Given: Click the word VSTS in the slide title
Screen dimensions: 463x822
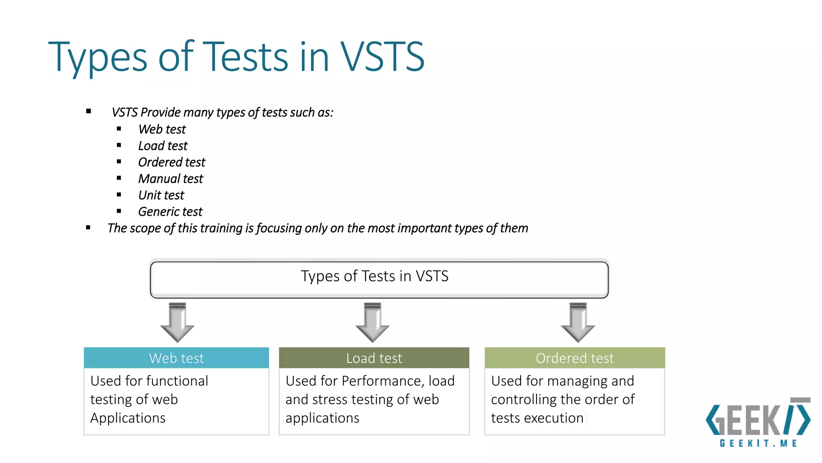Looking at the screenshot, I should click(382, 57).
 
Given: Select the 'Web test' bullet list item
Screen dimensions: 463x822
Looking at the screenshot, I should click(162, 129).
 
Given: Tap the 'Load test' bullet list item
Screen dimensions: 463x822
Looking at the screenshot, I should click(163, 146).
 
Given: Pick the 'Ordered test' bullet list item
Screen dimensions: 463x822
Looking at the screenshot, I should click(171, 162).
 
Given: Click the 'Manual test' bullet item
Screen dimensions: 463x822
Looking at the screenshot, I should click(171, 179).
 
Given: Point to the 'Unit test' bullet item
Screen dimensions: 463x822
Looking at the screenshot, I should click(161, 195).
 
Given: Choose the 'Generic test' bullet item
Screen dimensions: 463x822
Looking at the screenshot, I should click(170, 212).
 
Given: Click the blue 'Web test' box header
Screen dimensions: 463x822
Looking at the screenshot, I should click(176, 358).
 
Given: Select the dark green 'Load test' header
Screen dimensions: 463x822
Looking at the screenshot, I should click(374, 358).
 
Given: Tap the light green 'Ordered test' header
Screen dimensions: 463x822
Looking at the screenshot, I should click(574, 358).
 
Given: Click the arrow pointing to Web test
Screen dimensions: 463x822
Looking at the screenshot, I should click(177, 323).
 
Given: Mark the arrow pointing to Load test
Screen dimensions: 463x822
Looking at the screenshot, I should click(372, 323).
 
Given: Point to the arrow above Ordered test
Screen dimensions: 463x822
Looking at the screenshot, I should click(578, 323).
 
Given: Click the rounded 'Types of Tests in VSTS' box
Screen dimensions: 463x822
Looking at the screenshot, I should click(379, 280).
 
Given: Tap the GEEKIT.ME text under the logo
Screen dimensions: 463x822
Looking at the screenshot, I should click(758, 443).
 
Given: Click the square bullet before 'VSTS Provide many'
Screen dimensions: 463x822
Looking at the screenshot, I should click(88, 111).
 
